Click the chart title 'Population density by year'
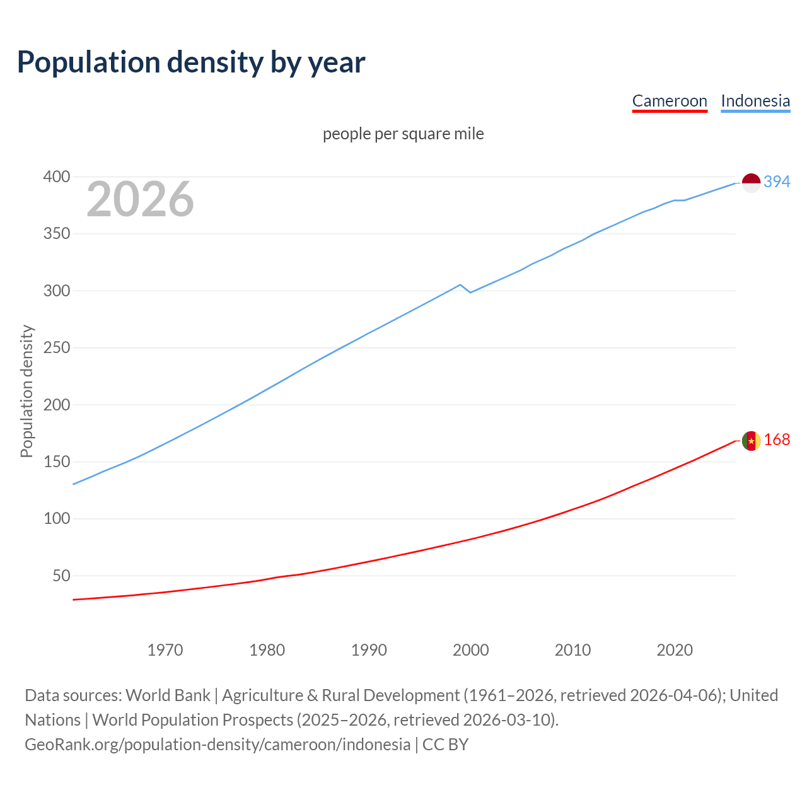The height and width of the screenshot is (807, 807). pyautogui.click(x=191, y=62)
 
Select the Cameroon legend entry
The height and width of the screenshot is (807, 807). pyautogui.click(x=670, y=101)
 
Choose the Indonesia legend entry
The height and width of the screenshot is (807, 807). pyautogui.click(x=755, y=101)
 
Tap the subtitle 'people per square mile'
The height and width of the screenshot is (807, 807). pyautogui.click(x=403, y=134)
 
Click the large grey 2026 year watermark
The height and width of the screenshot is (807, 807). pyautogui.click(x=140, y=199)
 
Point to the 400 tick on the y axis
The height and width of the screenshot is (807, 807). pyautogui.click(x=56, y=177)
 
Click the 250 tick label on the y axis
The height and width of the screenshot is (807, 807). pyautogui.click(x=56, y=348)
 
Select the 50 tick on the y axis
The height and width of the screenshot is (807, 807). pyautogui.click(x=61, y=576)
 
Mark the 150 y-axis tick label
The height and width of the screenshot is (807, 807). pyautogui.click(x=56, y=462)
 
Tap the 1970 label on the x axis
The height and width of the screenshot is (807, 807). pyautogui.click(x=165, y=650)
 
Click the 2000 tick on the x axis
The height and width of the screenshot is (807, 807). pyautogui.click(x=471, y=650)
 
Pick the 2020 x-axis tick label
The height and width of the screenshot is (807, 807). pyautogui.click(x=675, y=650)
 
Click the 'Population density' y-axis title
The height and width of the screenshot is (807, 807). pyautogui.click(x=26, y=391)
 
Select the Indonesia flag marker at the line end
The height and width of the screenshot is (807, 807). pyautogui.click(x=751, y=183)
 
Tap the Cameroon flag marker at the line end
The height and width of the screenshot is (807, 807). pyautogui.click(x=751, y=441)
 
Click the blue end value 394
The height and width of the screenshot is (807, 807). pyautogui.click(x=777, y=182)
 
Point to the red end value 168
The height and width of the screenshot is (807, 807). pyautogui.click(x=777, y=440)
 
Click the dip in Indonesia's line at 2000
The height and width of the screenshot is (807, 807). pyautogui.click(x=470, y=292)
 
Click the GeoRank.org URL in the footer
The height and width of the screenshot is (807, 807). pyautogui.click(x=218, y=745)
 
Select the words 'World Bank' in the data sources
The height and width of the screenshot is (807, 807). pyautogui.click(x=168, y=695)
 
